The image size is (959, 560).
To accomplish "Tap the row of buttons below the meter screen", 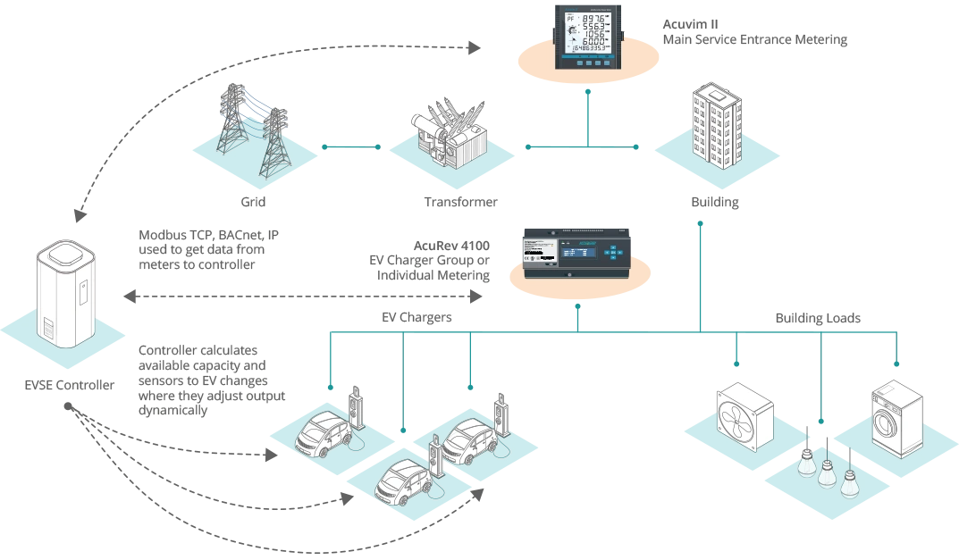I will (x=589, y=63).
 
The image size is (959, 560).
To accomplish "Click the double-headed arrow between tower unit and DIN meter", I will (x=304, y=294).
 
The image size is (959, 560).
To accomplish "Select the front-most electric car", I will (x=400, y=482).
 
